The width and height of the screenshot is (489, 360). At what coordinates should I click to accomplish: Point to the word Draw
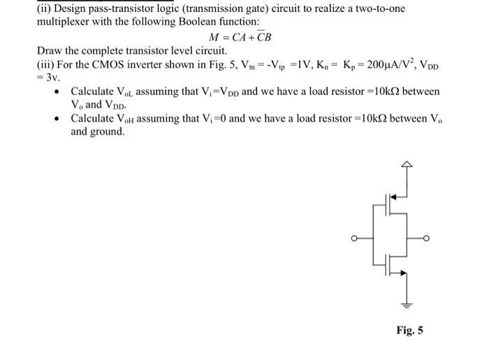tap(50, 52)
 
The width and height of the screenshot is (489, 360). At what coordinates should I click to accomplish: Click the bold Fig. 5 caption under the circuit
tap(409, 330)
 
